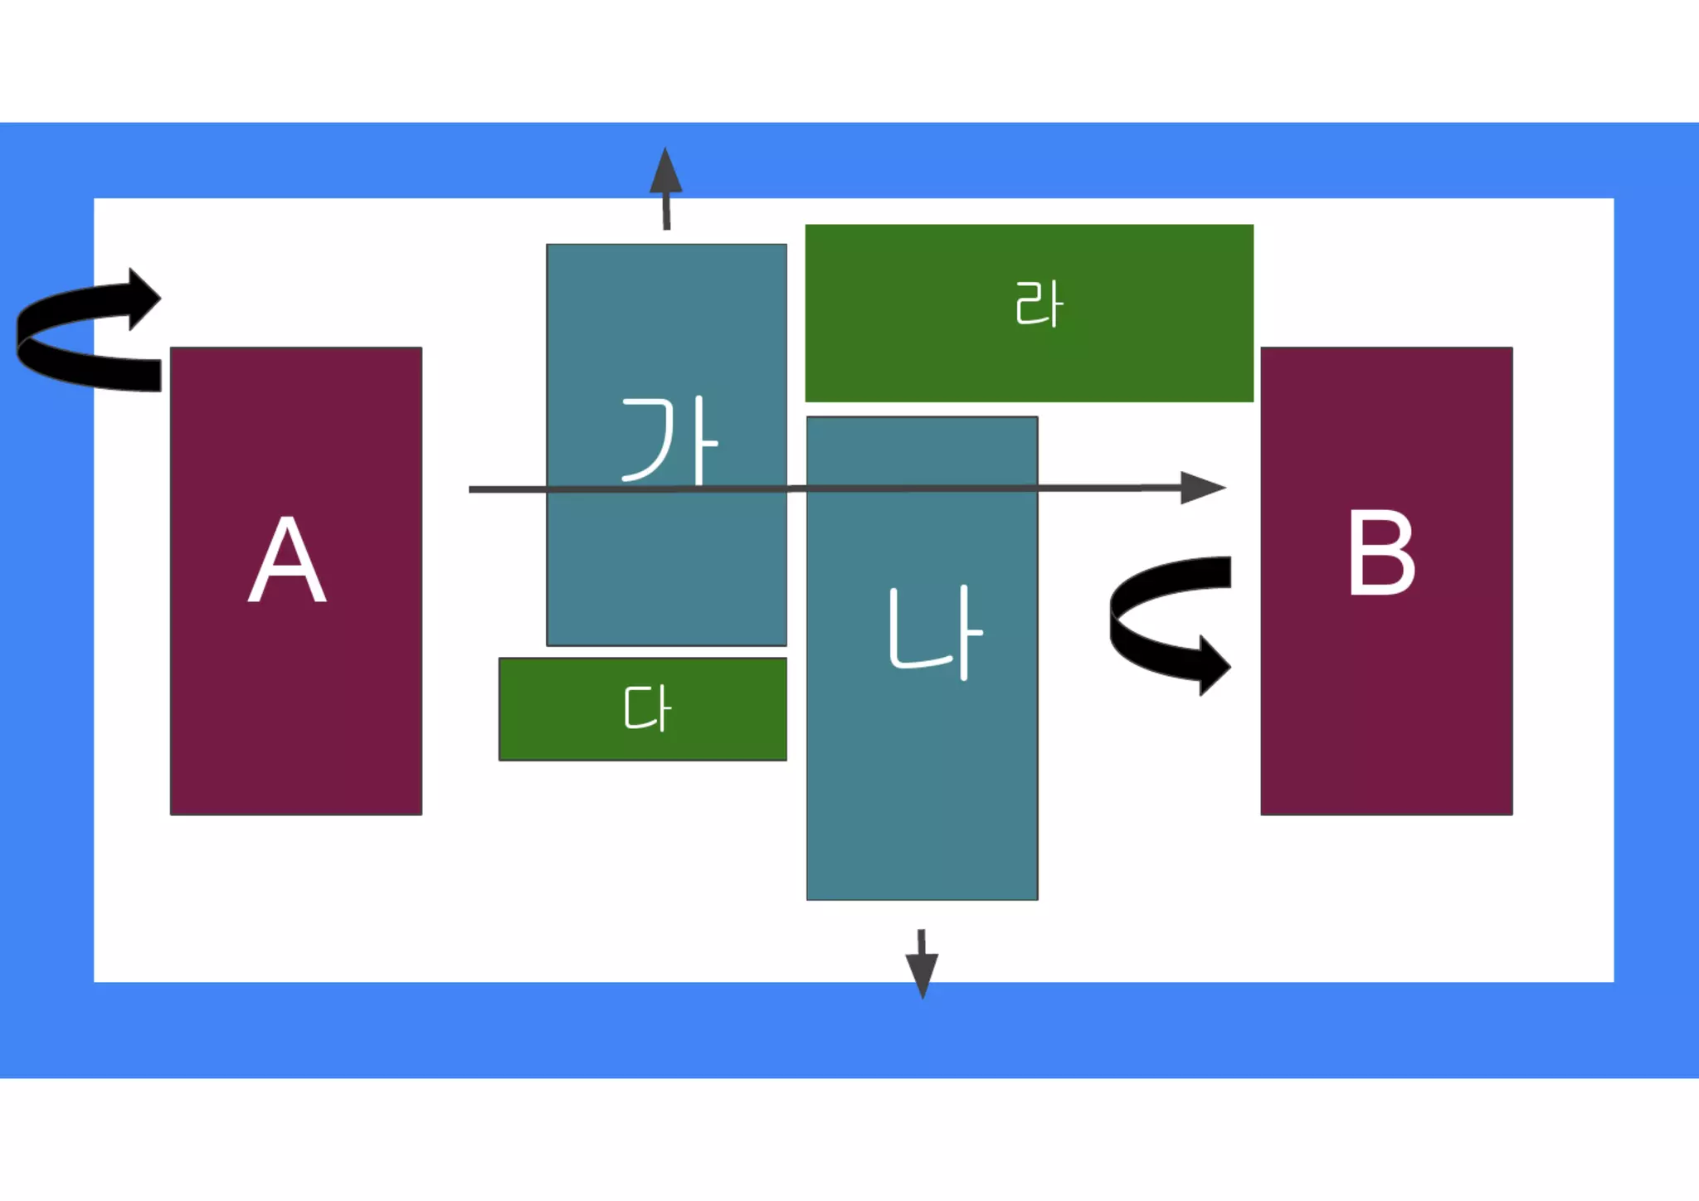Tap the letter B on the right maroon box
click(x=1380, y=552)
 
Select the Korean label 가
click(x=669, y=440)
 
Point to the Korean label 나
click(x=934, y=632)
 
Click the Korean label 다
click(x=647, y=708)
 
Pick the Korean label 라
click(x=1038, y=304)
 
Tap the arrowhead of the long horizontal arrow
click(x=1203, y=488)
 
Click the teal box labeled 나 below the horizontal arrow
click(x=921, y=788)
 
